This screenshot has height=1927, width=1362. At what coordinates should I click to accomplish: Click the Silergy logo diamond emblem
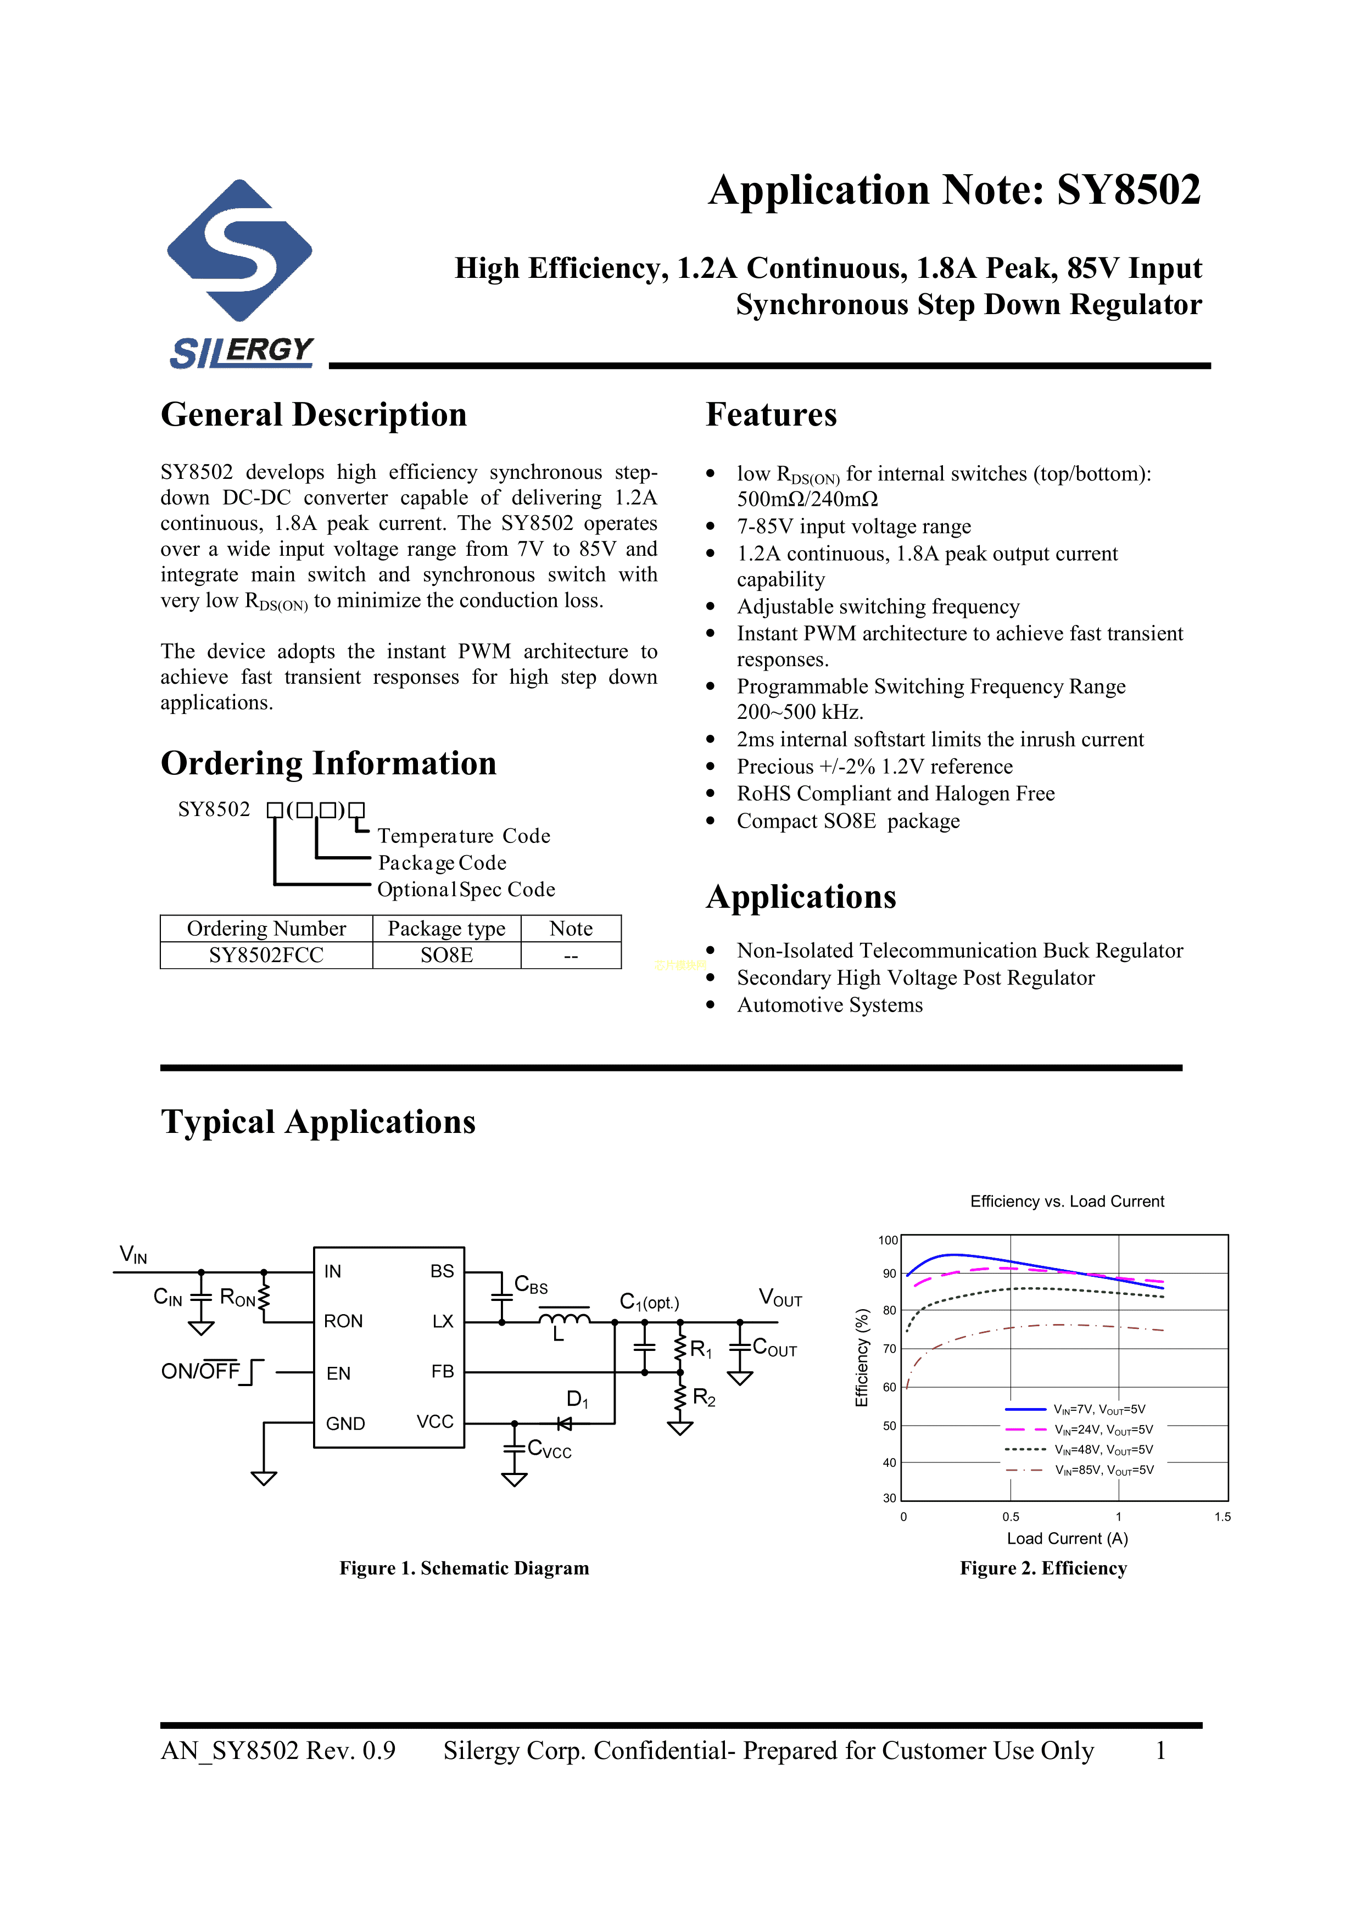tap(240, 250)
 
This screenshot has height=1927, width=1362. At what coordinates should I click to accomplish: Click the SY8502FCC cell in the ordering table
tap(266, 955)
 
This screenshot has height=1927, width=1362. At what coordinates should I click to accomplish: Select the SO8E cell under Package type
tap(446, 955)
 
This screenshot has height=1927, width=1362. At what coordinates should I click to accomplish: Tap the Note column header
tap(571, 928)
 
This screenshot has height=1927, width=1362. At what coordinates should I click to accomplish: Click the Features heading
tap(771, 415)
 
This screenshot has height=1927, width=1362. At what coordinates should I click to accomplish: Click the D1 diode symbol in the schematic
tap(565, 1423)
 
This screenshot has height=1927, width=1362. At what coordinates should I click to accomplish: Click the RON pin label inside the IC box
tap(343, 1321)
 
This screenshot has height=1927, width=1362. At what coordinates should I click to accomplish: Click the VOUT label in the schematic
tap(780, 1298)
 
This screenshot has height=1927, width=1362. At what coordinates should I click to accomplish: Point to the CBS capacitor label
tap(531, 1284)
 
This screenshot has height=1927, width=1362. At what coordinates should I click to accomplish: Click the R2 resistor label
tap(703, 1398)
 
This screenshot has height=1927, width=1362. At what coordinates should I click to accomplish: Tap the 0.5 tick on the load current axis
tap(1011, 1517)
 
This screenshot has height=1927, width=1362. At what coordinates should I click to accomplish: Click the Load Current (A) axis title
tap(1067, 1538)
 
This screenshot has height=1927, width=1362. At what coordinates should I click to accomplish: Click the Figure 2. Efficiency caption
tap(1043, 1568)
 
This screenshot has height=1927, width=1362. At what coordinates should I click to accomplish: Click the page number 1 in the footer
tap(1160, 1750)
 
